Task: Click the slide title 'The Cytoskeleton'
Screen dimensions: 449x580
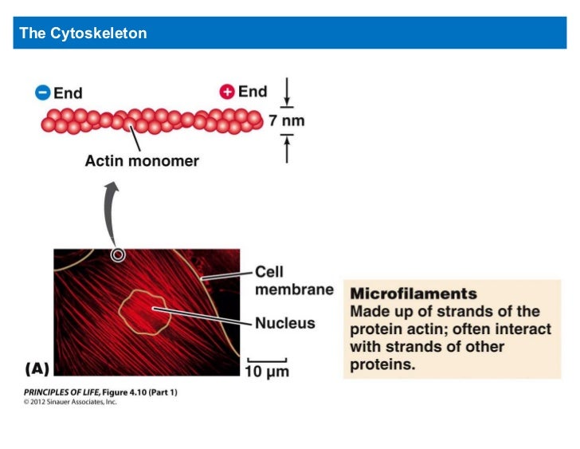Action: click(83, 33)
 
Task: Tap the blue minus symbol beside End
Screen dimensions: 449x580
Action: click(43, 93)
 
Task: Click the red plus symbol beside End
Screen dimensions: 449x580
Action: click(228, 92)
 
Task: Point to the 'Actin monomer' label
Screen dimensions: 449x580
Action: click(142, 161)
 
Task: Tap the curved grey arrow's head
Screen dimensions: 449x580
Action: click(113, 188)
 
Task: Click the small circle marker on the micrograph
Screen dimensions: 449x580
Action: click(118, 255)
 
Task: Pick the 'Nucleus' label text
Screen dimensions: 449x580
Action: click(284, 323)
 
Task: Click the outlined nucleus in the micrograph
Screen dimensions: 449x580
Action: click(145, 312)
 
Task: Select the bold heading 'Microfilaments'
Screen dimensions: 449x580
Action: click(413, 293)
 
